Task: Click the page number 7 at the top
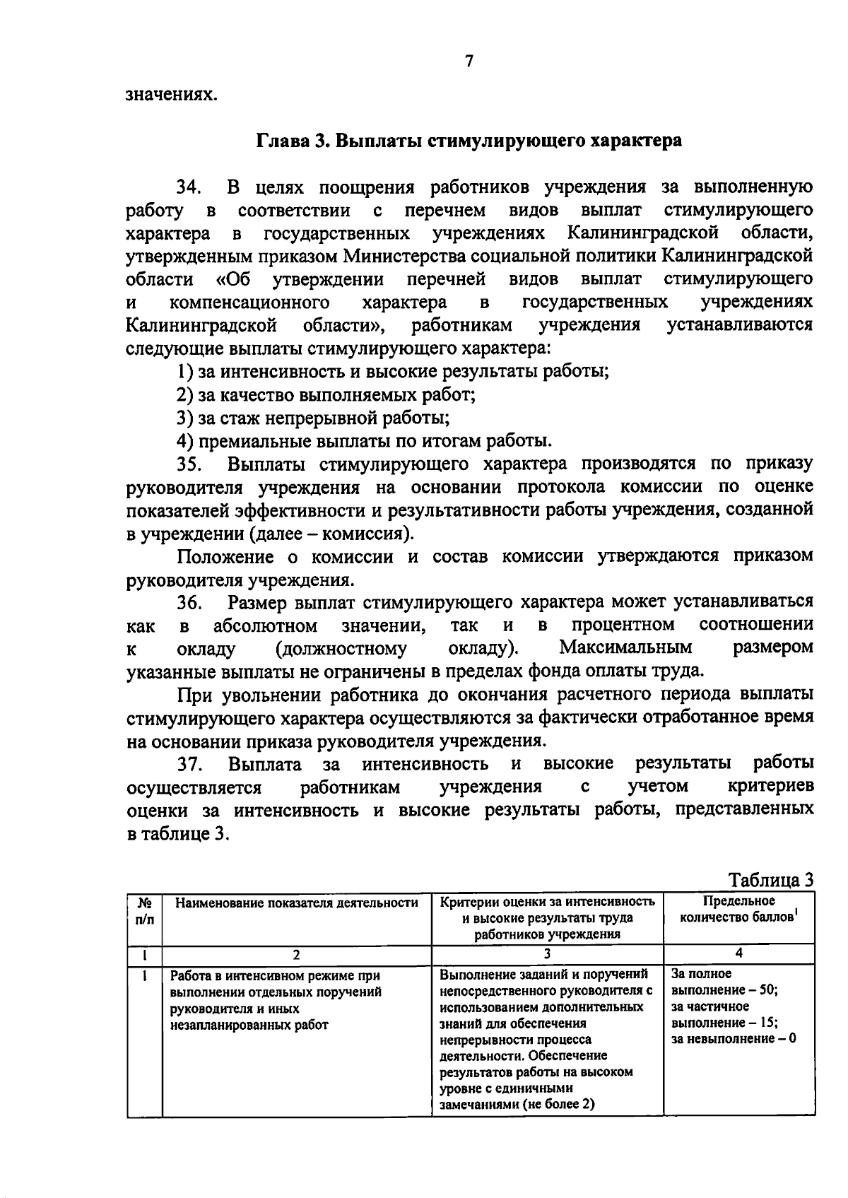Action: click(469, 61)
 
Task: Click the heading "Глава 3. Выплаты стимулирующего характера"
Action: click(469, 140)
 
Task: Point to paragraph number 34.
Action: click(189, 187)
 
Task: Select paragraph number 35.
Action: click(189, 464)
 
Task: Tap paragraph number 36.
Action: click(189, 603)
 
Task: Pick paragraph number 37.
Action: click(189, 764)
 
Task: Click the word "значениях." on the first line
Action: click(170, 94)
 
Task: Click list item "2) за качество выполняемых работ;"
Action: click(326, 394)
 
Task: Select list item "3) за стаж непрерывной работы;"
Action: click(313, 418)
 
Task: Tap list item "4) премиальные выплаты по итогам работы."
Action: click(364, 441)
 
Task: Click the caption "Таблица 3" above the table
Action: click(771, 880)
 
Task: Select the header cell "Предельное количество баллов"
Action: click(738, 910)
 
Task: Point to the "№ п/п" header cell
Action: click(144, 910)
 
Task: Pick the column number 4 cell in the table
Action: click(738, 953)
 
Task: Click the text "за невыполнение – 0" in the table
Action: click(734, 1038)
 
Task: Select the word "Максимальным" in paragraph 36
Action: click(625, 647)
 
